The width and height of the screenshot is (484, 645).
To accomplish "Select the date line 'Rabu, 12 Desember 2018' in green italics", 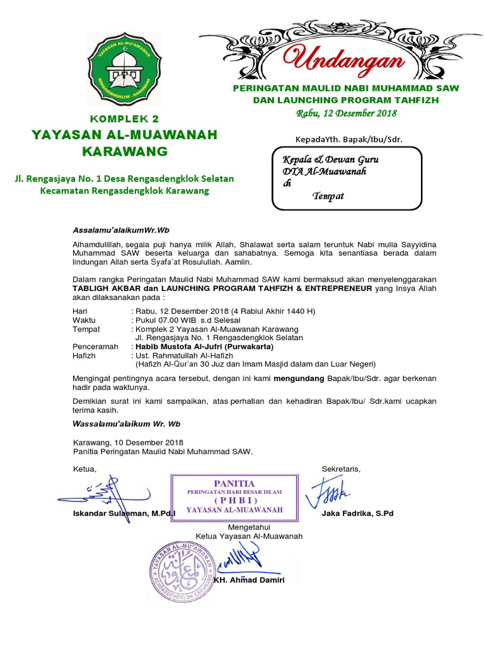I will (346, 113).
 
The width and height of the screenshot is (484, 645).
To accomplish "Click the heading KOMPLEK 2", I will (125, 118).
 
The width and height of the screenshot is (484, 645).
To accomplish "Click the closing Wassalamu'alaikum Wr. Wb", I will (127, 424).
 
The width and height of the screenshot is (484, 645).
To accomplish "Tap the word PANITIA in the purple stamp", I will (234, 482).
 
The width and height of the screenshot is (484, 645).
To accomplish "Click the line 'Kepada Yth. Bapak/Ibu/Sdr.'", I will (349, 139).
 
